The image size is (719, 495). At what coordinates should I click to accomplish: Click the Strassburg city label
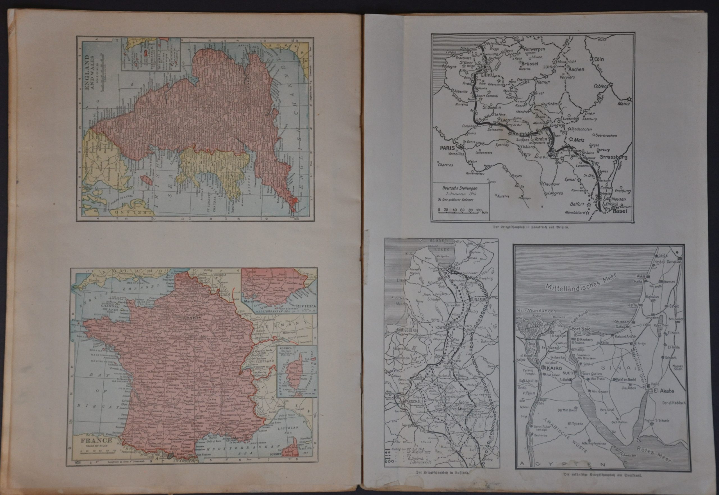tap(613, 157)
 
